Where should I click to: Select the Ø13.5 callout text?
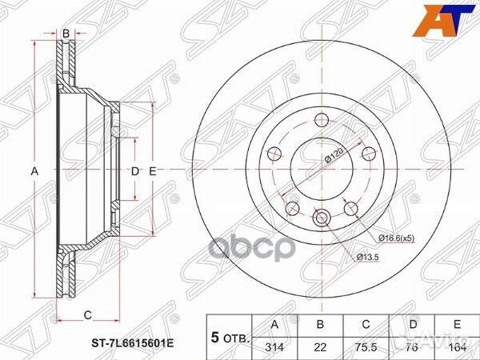coord(369,256)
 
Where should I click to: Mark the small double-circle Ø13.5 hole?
coord(322,217)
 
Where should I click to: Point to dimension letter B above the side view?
coord(66,33)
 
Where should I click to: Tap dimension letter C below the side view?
coord(87,314)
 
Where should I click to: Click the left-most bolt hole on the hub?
coord(273,153)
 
